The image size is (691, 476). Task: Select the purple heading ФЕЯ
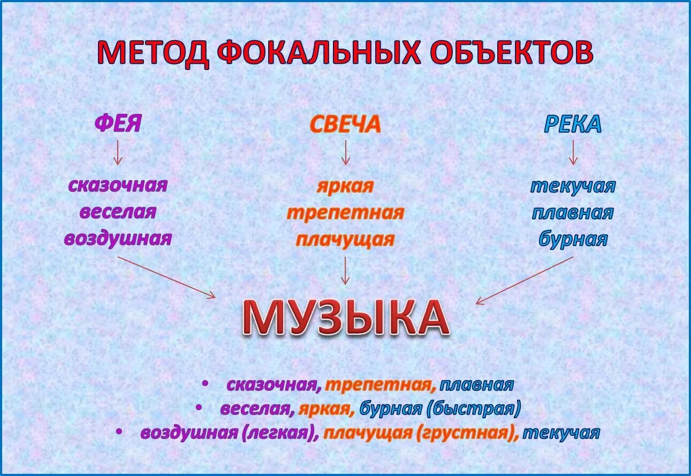pyautogui.click(x=118, y=124)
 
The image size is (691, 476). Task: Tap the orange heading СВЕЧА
pyautogui.click(x=345, y=125)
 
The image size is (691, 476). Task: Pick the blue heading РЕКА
pyautogui.click(x=573, y=125)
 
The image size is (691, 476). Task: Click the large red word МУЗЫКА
pyautogui.click(x=345, y=319)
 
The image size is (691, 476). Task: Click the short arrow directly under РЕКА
pyautogui.click(x=573, y=152)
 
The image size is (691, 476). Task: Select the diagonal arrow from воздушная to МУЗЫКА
pyautogui.click(x=166, y=277)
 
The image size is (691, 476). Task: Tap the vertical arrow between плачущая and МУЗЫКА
pyautogui.click(x=345, y=271)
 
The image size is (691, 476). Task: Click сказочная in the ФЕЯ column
pyautogui.click(x=118, y=186)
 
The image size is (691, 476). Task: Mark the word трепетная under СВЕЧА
pyautogui.click(x=345, y=213)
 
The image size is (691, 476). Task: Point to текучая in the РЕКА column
pyautogui.click(x=573, y=186)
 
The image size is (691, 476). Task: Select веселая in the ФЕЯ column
pyautogui.click(x=118, y=212)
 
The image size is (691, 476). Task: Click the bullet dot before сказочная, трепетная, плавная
pyautogui.click(x=205, y=383)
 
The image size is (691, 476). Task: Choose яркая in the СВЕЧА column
pyautogui.click(x=345, y=186)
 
